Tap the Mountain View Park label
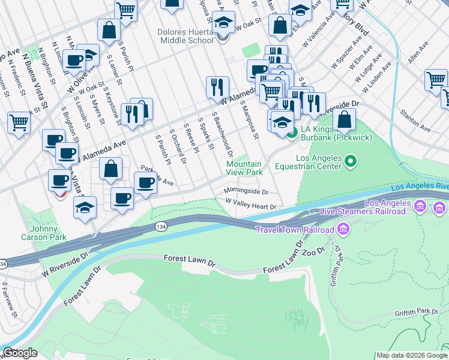[244, 168]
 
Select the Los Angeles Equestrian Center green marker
[352, 161]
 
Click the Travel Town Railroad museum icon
[343, 229]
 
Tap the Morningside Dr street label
[246, 191]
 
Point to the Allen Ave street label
[418, 53]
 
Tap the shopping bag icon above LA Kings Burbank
[345, 120]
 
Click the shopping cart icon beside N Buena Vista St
[19, 123]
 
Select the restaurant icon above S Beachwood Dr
[217, 87]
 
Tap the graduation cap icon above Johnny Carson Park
[85, 208]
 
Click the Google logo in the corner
[20, 353]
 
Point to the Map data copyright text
[412, 355]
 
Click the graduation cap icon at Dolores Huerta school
[223, 23]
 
